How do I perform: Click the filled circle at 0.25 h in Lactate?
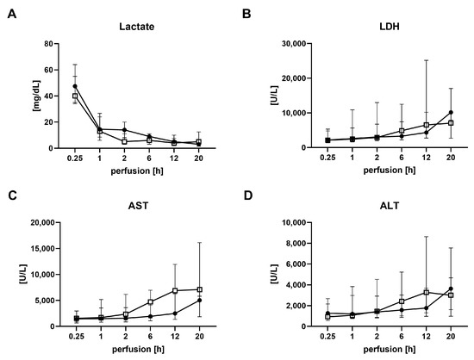(52, 86)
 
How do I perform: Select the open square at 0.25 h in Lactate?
(52, 96)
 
